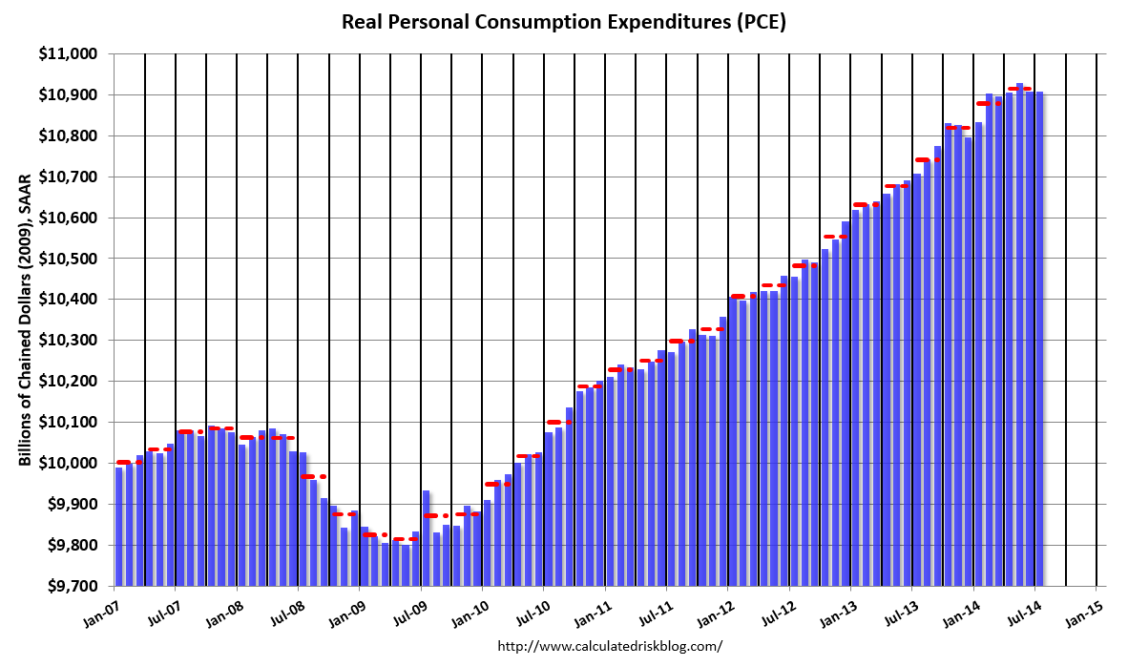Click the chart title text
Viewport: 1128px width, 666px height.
coord(563,23)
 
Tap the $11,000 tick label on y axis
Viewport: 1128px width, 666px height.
coord(73,54)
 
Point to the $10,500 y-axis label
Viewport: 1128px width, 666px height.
coord(73,259)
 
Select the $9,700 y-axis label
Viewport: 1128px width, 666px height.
coord(75,586)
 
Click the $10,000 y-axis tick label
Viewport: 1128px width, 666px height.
coord(73,463)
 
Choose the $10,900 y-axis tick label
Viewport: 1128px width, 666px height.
coord(73,95)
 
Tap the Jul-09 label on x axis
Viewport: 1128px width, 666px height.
coord(408,610)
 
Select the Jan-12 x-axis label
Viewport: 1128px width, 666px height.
coord(716,610)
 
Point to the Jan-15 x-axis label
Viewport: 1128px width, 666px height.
coord(1084,610)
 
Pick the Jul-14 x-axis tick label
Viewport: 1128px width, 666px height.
coord(1023,610)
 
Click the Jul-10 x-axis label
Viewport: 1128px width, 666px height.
coord(532,610)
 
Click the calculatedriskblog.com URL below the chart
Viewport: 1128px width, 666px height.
coord(611,646)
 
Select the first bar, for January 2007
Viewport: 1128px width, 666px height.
coord(119,526)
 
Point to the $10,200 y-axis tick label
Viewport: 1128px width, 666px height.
coord(73,382)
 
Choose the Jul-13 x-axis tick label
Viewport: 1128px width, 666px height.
coord(900,610)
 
